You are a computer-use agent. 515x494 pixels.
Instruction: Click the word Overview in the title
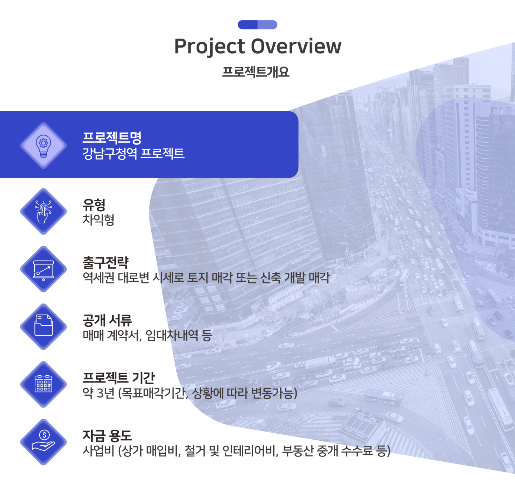coord(296,46)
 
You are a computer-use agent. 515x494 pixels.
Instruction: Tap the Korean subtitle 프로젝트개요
coord(256,72)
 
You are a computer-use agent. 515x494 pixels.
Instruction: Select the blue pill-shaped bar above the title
coord(257,25)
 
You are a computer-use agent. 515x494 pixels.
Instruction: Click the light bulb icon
coord(43,146)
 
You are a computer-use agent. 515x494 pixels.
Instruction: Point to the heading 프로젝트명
coord(112,138)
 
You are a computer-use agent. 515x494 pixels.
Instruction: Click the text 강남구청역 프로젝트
coord(133,153)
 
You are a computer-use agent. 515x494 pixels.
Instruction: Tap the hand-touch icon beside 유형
coord(43,212)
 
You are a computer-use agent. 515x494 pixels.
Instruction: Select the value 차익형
coord(98,220)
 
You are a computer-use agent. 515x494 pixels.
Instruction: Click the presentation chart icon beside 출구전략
coord(43,270)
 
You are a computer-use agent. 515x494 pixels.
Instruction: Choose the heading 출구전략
coord(106,262)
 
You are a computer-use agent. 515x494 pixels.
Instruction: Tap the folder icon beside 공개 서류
coord(43,325)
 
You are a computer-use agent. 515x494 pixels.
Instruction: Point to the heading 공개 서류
coord(107,320)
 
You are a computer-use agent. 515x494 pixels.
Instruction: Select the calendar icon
coord(43,384)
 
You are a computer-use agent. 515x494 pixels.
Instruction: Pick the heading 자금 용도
coord(107,436)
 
